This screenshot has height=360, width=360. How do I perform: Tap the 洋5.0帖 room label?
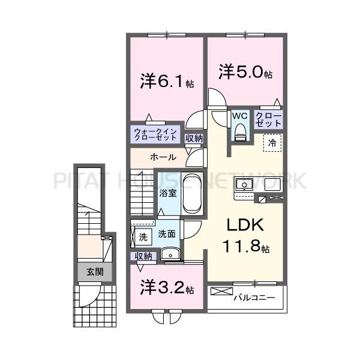(245, 73)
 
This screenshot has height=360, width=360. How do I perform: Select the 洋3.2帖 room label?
(167, 287)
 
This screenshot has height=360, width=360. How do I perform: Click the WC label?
(241, 115)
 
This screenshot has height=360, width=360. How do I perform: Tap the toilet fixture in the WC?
(241, 131)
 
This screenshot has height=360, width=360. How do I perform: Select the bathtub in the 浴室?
(192, 193)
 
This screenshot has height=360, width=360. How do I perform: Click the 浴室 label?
(167, 193)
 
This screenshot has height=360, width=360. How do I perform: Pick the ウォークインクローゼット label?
(155, 134)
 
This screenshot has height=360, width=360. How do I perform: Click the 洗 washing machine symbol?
(143, 236)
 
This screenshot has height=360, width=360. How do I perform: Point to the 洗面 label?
(167, 234)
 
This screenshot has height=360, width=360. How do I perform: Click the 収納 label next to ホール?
(194, 139)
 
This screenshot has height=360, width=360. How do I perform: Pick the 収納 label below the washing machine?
(144, 256)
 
